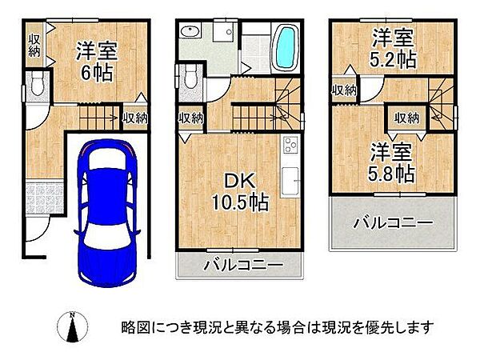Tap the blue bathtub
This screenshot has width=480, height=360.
point(286,49)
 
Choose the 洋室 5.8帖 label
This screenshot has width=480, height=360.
point(391,163)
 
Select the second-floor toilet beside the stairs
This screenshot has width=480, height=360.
point(190,78)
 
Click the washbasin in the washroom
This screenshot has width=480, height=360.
point(190,33)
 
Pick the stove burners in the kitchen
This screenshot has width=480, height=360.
point(289,146)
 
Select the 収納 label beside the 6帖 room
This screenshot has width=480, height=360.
point(34,45)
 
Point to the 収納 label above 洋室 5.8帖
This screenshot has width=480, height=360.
point(407,118)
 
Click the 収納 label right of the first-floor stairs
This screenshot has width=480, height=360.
point(135,118)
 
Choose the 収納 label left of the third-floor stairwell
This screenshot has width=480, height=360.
point(344,90)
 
